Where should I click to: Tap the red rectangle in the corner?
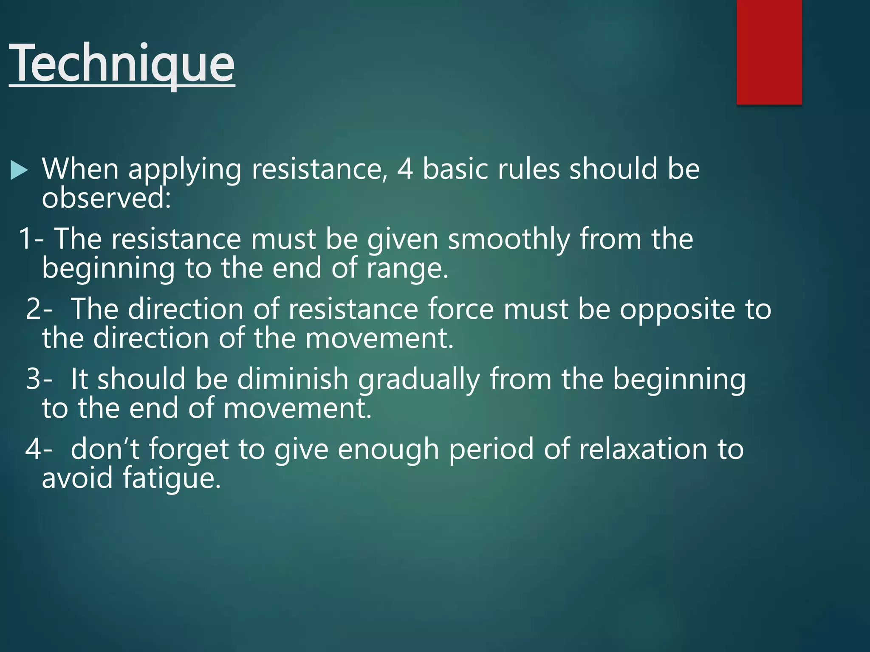[769, 52]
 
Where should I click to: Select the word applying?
[185, 170]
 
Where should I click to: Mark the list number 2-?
[39, 309]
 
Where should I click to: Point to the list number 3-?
[39, 379]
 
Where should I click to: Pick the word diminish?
[293, 379]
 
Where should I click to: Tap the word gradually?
[419, 379]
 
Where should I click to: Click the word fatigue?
[172, 478]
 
